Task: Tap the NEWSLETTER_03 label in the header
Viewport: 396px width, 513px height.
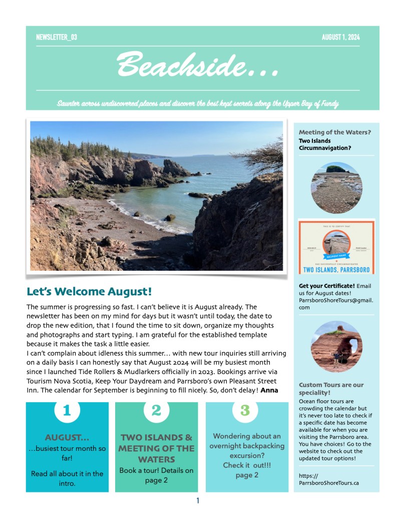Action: point(57,37)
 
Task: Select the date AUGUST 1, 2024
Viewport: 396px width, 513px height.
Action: point(340,37)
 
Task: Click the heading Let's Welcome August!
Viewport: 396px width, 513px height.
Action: point(89,291)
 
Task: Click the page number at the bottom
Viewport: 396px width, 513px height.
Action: point(198,500)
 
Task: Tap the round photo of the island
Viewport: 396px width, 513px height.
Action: point(336,188)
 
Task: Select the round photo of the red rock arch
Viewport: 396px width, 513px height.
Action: point(336,347)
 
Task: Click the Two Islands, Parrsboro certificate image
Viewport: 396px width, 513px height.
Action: point(336,247)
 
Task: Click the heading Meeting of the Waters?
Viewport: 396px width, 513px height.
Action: point(335,132)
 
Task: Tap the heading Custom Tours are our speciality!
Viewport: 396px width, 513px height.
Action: point(331,389)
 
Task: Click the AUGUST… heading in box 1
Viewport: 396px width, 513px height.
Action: point(67,437)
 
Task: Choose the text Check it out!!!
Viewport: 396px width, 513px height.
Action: point(247,465)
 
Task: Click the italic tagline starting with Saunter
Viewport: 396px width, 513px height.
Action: point(198,104)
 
